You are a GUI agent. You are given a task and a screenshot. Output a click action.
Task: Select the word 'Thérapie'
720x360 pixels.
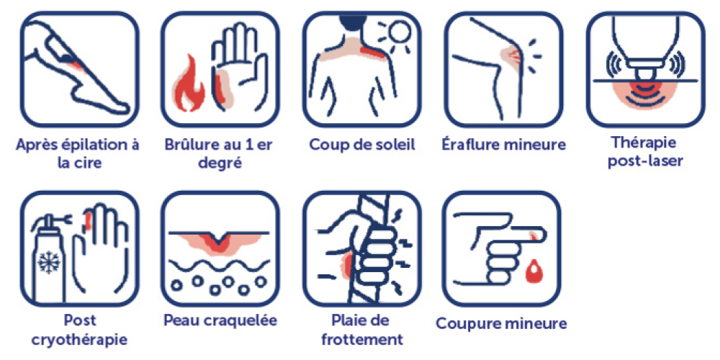coord(644,143)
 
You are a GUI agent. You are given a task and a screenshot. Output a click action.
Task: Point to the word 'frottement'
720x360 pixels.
coord(362,340)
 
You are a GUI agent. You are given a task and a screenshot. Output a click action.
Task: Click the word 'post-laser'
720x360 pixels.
coord(644,161)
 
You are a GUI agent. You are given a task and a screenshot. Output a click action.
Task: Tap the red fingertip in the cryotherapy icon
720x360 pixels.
coord(88,220)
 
